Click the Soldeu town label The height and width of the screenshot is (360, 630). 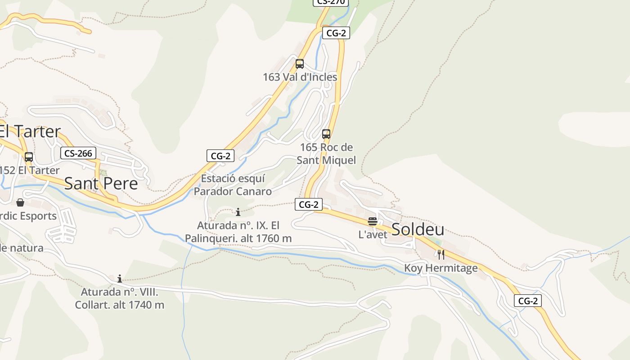pyautogui.click(x=418, y=229)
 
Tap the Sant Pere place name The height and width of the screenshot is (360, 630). pyautogui.click(x=101, y=184)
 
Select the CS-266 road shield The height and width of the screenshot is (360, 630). pyautogui.click(x=78, y=153)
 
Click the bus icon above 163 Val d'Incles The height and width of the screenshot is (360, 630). pyautogui.click(x=300, y=64)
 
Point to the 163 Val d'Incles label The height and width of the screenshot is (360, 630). pyautogui.click(x=300, y=77)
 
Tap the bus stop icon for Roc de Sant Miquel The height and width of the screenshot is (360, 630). pyautogui.click(x=326, y=134)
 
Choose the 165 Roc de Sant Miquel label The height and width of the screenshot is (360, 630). pyautogui.click(x=326, y=153)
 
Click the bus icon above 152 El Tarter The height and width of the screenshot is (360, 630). pyautogui.click(x=29, y=157)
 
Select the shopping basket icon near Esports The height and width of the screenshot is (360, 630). pyautogui.click(x=20, y=203)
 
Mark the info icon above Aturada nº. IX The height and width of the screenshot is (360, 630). pyautogui.click(x=238, y=212)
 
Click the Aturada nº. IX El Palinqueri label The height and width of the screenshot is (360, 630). pyautogui.click(x=238, y=232)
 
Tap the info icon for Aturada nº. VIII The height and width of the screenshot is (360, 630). pyautogui.click(x=120, y=279)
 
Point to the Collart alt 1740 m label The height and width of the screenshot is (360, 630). pyautogui.click(x=120, y=298)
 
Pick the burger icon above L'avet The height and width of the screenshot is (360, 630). pyautogui.click(x=373, y=221)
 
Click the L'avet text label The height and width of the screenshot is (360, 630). pyautogui.click(x=373, y=234)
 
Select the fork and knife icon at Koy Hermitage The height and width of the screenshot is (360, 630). pyautogui.click(x=441, y=255)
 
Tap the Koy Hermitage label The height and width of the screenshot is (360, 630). pyautogui.click(x=441, y=268)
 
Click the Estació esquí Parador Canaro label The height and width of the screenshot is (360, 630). pyautogui.click(x=233, y=185)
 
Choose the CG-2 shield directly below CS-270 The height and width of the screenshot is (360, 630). pyautogui.click(x=336, y=33)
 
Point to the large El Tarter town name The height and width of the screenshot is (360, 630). pyautogui.click(x=30, y=131)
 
